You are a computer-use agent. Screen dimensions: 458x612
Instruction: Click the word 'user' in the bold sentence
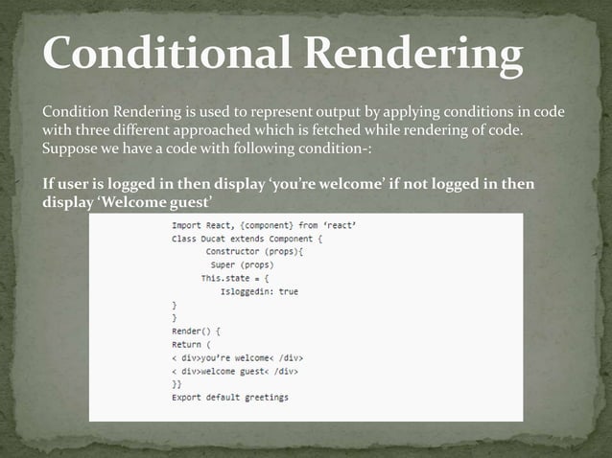76,184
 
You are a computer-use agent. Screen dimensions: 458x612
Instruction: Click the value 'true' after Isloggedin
288,291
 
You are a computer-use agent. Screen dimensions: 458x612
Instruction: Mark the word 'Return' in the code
187,344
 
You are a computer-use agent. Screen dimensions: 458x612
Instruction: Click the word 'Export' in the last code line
187,397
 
